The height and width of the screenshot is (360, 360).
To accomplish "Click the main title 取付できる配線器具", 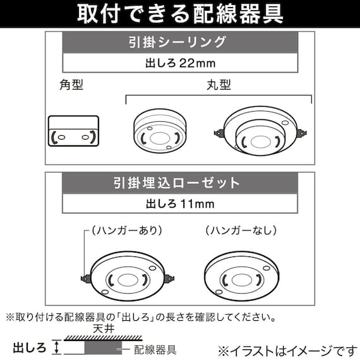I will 179,13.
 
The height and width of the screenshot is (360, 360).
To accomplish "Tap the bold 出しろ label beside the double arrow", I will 29,346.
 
